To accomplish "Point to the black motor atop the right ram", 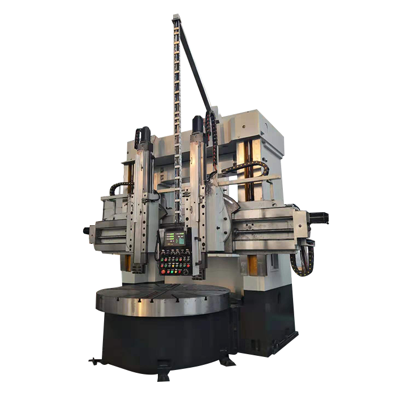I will tap(198, 124).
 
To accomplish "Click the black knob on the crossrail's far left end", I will tap(87, 231).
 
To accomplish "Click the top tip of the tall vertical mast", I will tap(176, 16).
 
